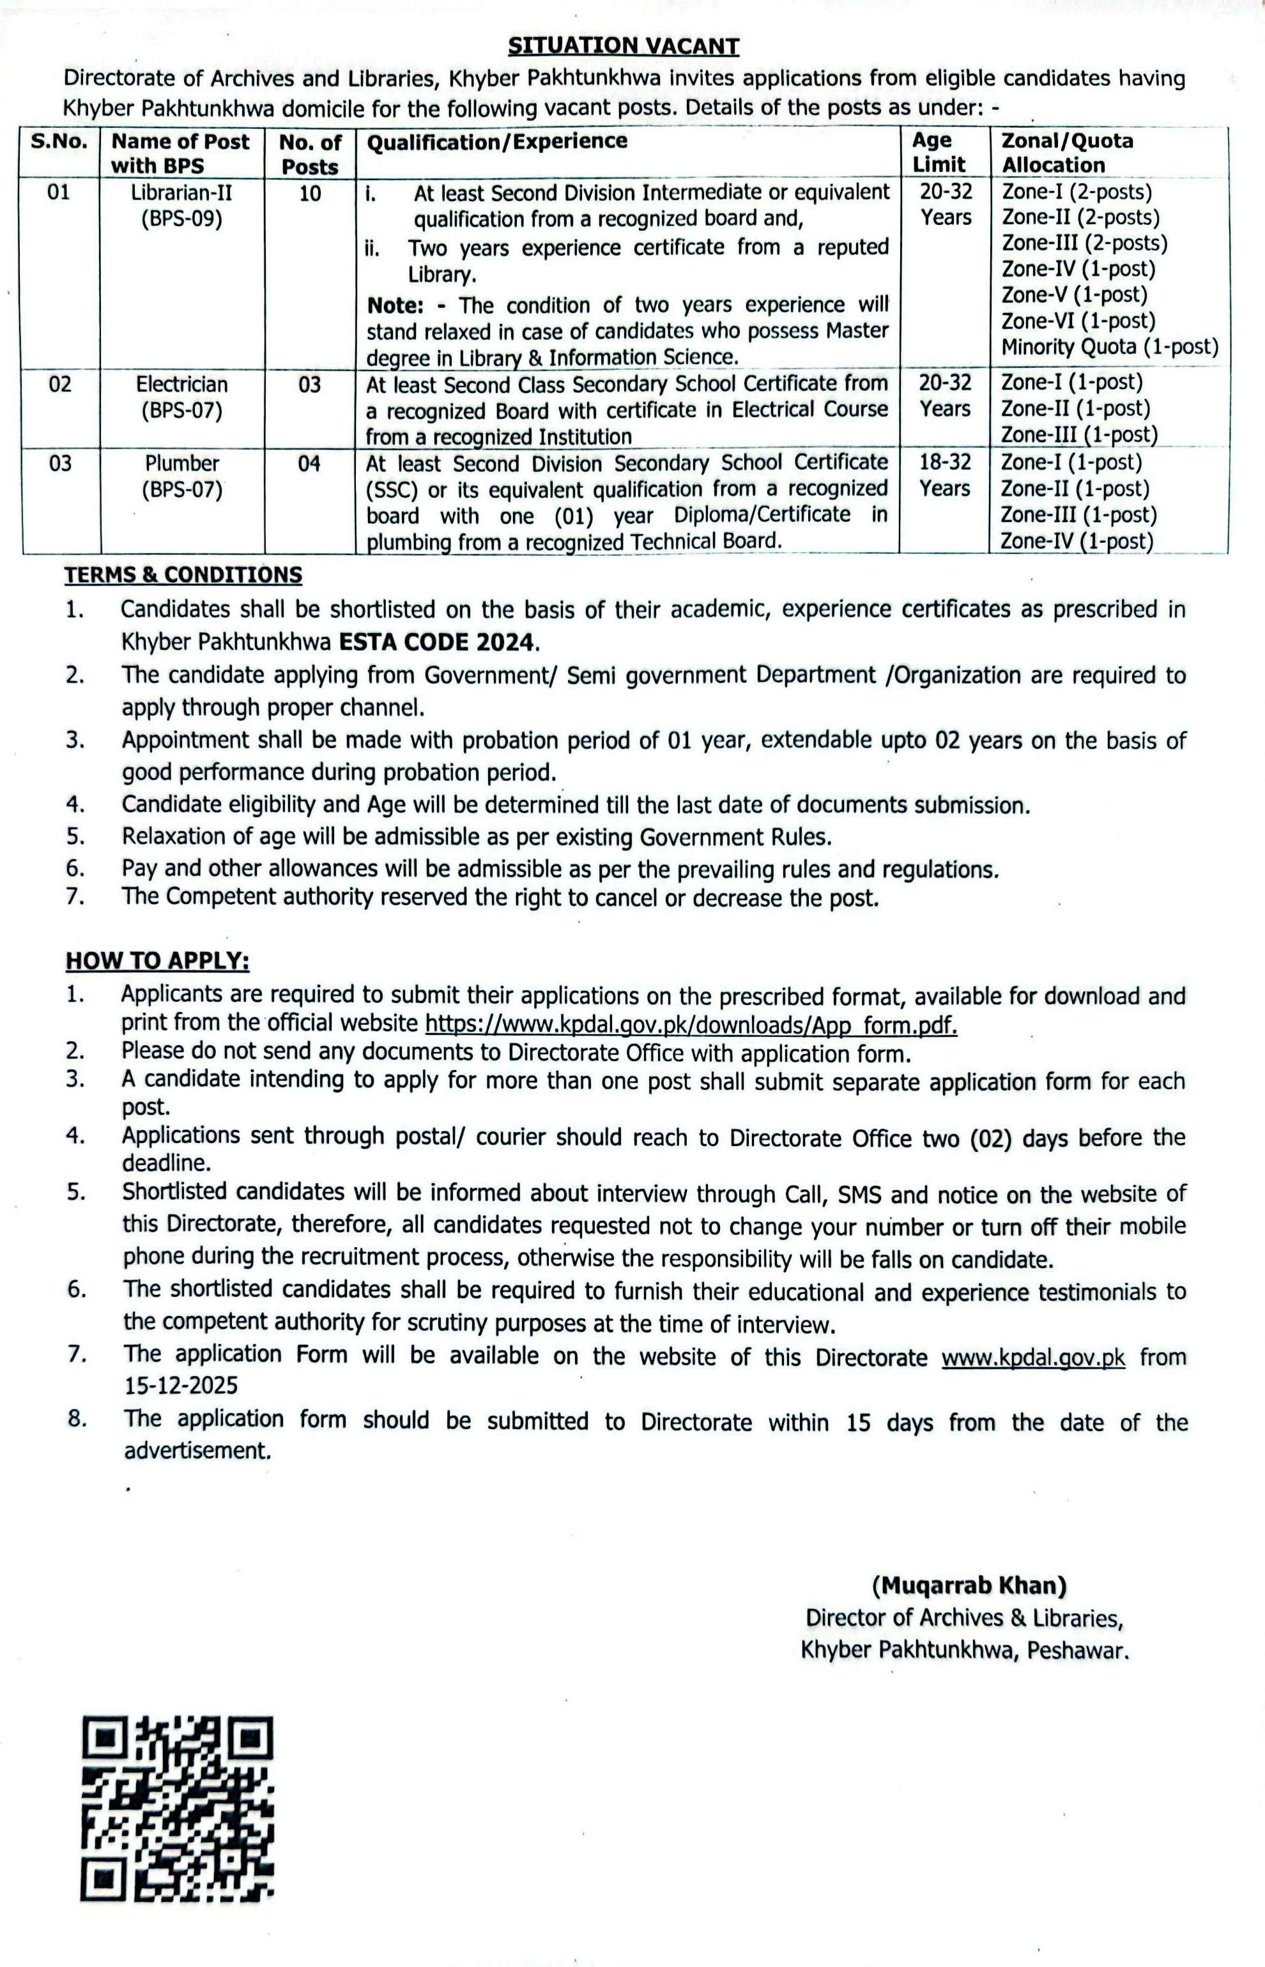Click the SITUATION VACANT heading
tap(624, 46)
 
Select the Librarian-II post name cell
tap(181, 205)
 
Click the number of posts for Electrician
tap(310, 385)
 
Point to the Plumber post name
tap(181, 464)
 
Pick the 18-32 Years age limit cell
tap(945, 475)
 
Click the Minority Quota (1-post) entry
tap(1109, 347)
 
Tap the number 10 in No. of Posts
tap(310, 194)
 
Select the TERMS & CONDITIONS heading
tap(183, 575)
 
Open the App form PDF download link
tap(691, 1025)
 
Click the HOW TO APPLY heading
tap(158, 960)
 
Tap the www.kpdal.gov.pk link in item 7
tap(1032, 1358)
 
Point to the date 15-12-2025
tap(180, 1386)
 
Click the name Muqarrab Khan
tap(969, 1585)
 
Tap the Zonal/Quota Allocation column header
tap(1066, 153)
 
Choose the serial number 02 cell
tap(60, 385)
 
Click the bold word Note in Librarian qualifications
tap(394, 305)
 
